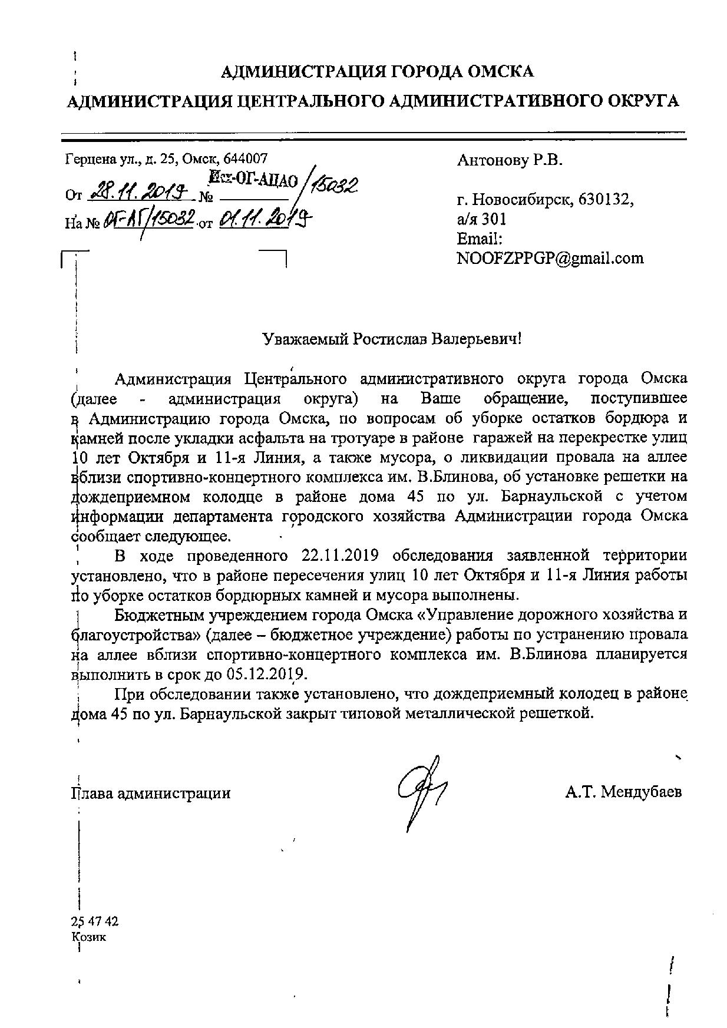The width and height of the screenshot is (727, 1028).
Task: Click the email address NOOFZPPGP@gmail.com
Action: click(550, 258)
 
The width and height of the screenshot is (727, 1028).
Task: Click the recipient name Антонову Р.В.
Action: click(509, 160)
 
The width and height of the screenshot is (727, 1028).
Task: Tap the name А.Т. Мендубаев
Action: click(623, 792)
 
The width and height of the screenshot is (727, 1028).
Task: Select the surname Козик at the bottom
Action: click(89, 937)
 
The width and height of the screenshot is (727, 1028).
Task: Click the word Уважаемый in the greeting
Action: click(305, 340)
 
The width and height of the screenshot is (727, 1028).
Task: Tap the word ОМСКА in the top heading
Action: click(500, 72)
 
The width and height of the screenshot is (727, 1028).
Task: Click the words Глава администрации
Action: click(150, 793)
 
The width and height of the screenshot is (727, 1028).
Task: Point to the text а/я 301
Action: click(481, 219)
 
